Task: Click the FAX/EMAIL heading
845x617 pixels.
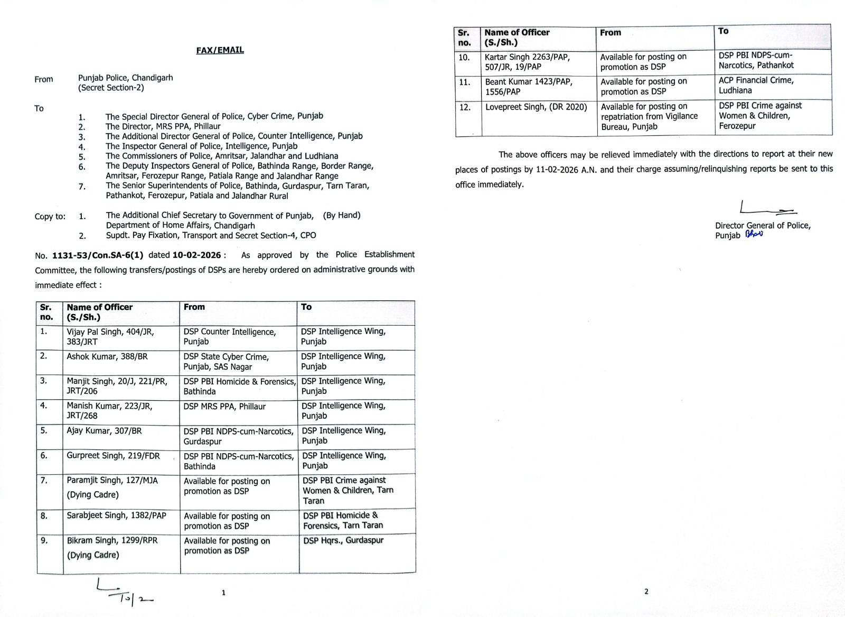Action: [x=220, y=50]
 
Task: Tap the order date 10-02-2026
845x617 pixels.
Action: [x=196, y=255]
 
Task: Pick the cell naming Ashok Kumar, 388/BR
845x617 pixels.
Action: [x=107, y=356]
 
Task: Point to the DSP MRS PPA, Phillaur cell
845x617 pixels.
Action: [x=224, y=407]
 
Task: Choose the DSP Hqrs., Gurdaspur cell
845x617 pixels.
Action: [x=343, y=540]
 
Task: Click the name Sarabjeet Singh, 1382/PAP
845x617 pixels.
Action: [x=116, y=515]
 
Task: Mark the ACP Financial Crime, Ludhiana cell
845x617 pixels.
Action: [x=756, y=85]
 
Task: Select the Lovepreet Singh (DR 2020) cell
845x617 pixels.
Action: [x=536, y=107]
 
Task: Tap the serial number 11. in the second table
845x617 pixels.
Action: [x=464, y=82]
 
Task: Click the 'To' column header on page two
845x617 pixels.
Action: [x=723, y=31]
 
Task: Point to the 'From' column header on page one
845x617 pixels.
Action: [x=194, y=307]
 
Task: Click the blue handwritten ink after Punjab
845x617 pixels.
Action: [x=754, y=235]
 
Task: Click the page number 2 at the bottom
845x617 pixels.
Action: [x=646, y=592]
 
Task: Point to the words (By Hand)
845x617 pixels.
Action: [x=342, y=215]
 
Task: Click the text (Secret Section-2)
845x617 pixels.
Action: [x=111, y=88]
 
